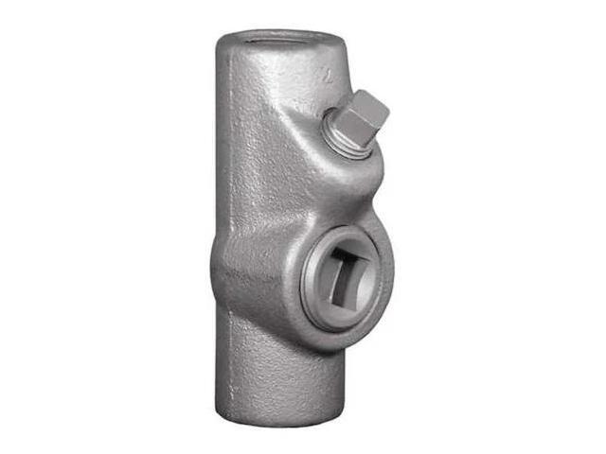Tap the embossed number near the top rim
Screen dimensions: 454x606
coord(325,72)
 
